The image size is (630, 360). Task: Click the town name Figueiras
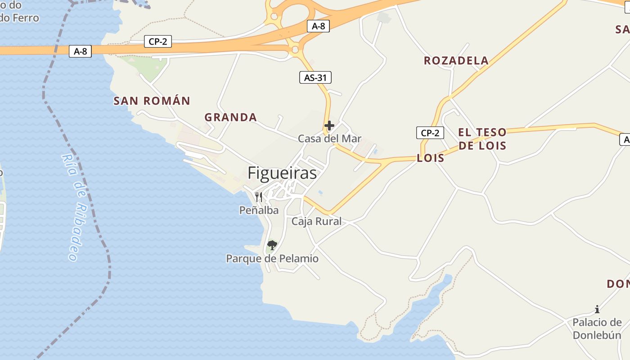[x=282, y=173]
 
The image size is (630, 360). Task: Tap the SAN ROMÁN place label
[x=152, y=101]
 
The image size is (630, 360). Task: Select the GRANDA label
[x=230, y=117]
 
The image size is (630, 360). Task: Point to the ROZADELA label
[x=456, y=61]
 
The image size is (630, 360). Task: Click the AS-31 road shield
[x=315, y=78]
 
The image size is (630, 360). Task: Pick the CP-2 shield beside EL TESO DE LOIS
[x=430, y=133]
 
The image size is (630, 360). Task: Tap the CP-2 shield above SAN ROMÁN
[x=157, y=42]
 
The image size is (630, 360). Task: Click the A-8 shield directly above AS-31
[x=318, y=26]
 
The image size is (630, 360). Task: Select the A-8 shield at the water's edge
[x=81, y=51]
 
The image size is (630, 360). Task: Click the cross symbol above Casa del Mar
[x=329, y=126]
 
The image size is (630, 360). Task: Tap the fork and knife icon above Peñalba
[x=259, y=197]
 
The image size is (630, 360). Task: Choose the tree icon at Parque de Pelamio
[x=271, y=245]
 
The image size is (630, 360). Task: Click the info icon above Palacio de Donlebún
[x=597, y=309]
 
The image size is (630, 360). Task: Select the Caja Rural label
[x=316, y=221]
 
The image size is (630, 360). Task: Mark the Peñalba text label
[x=259, y=210]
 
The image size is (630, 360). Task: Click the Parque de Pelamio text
[x=272, y=259]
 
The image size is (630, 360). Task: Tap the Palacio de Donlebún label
[x=597, y=329]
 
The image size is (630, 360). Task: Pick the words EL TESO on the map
[x=482, y=132]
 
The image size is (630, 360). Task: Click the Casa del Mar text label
[x=329, y=139]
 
